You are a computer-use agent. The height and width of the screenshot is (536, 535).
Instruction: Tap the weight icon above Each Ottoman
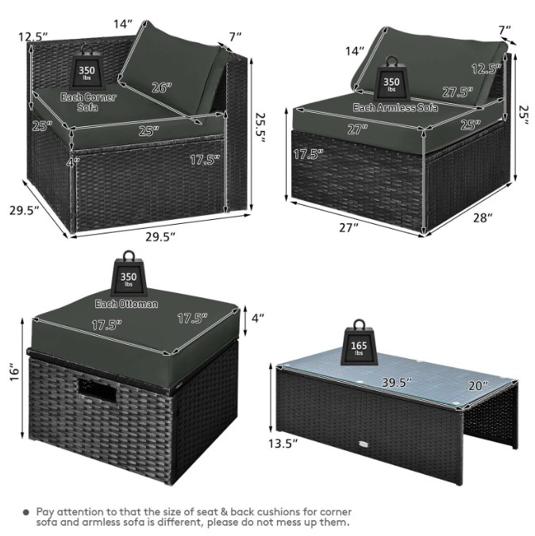(x=129, y=273)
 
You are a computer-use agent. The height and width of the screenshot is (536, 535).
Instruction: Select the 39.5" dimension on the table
(x=396, y=382)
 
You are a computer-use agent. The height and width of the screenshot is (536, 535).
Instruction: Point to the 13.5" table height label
(x=283, y=444)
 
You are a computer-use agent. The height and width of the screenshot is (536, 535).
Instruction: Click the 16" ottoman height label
(x=14, y=372)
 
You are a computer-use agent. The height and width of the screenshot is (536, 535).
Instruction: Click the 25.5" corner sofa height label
(x=260, y=128)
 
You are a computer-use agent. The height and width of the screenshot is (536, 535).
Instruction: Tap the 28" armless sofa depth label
(x=483, y=218)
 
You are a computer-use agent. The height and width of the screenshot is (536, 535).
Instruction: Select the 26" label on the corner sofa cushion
(x=161, y=88)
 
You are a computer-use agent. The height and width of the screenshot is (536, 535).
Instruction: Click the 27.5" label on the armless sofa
(x=458, y=92)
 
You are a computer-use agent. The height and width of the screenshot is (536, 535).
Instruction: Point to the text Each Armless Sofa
(x=395, y=108)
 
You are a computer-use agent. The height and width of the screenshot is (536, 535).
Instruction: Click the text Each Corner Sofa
(x=88, y=102)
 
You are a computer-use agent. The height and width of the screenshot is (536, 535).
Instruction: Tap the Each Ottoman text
(x=126, y=304)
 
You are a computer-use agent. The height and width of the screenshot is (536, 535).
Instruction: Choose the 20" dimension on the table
(x=478, y=386)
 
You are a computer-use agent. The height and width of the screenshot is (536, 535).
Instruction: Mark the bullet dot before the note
(x=26, y=512)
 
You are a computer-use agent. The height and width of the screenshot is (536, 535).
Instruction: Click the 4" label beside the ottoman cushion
(x=258, y=318)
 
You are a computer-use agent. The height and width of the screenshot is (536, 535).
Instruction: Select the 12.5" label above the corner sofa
(x=33, y=37)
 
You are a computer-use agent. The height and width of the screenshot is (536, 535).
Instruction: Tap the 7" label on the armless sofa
(x=504, y=30)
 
